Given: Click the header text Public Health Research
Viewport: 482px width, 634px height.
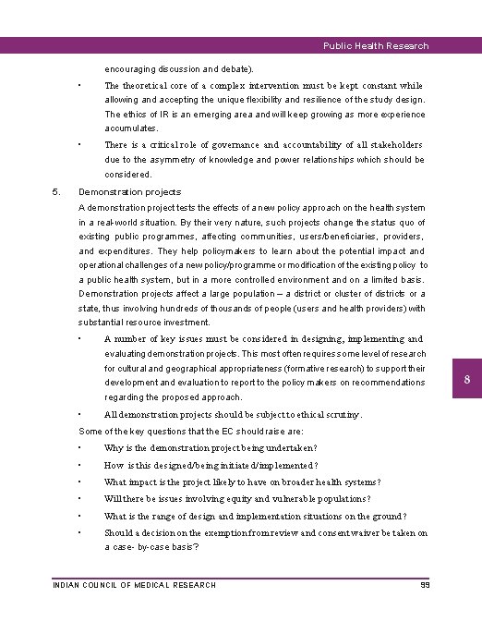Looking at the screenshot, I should click(x=376, y=45).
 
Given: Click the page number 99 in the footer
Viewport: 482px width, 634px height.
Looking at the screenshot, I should click(x=425, y=585).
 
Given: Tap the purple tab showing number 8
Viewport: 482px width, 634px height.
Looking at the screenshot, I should click(x=467, y=382).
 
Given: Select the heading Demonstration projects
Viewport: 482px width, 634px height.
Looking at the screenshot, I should click(x=130, y=192).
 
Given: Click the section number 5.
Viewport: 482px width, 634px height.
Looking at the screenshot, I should click(x=56, y=192).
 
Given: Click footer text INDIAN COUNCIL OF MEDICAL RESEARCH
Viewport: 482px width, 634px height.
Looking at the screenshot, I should click(x=135, y=585).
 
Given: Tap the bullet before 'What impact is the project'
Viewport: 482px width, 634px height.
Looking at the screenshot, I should click(x=82, y=482).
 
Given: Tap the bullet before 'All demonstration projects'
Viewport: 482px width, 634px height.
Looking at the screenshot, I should click(x=82, y=415).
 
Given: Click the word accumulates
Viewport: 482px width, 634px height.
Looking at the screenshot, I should click(x=131, y=129).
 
